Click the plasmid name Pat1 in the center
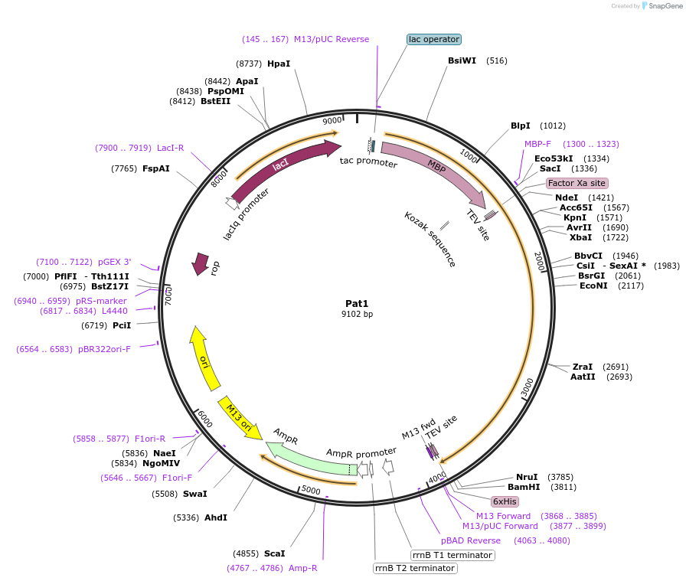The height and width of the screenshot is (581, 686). click(x=358, y=303)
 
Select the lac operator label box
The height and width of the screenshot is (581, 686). click(x=434, y=39)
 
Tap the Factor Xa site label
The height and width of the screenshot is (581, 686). click(x=577, y=183)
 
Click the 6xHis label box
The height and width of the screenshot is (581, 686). click(x=505, y=501)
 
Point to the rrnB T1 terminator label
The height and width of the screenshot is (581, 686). click(x=452, y=555)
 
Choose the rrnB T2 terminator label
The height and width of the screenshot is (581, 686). click(x=415, y=568)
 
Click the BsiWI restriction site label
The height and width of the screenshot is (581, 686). click(x=462, y=60)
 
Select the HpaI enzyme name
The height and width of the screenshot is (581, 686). click(x=279, y=64)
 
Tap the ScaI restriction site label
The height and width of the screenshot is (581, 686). click(x=274, y=553)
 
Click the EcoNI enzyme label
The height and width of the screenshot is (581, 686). click(x=593, y=286)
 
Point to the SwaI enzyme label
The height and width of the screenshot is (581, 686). click(x=194, y=494)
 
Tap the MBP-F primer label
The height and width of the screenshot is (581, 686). click(x=537, y=144)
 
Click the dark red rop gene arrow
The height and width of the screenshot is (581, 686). click(x=201, y=263)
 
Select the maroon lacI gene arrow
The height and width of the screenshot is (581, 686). click(x=283, y=168)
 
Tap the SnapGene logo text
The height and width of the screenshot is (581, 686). click(x=663, y=6)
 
